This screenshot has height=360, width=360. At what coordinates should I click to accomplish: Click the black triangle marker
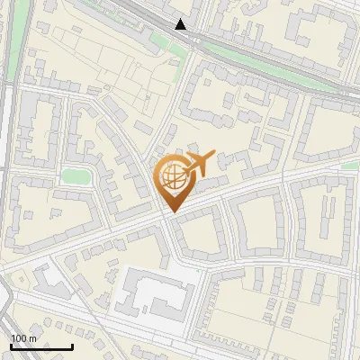coord(181,24)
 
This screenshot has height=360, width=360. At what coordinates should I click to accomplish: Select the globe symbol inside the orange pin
coord(171,176)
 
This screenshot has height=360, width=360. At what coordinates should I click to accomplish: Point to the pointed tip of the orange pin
coord(171,211)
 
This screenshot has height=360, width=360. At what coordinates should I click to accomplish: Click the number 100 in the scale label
coord(19,338)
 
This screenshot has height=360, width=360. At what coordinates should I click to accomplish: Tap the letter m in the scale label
coord(34,338)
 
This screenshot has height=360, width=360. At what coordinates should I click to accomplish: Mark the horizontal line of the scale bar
coord(41,346)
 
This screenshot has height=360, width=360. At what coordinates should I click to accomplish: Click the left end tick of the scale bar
coord(11,345)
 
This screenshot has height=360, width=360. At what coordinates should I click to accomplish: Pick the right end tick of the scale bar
coord(72,345)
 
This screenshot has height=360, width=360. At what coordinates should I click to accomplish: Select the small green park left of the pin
coord(76,175)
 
